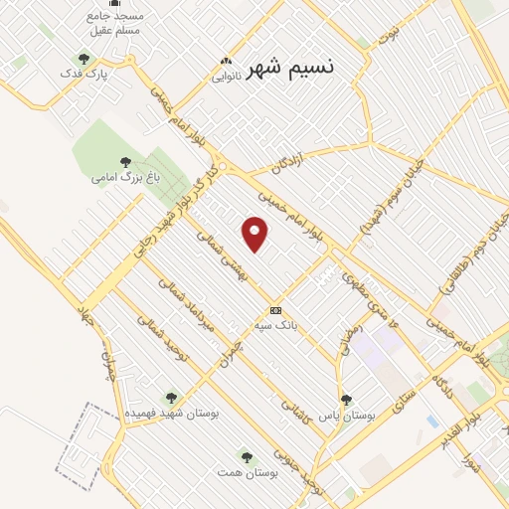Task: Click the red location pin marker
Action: (x=255, y=234)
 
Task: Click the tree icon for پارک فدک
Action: (x=84, y=59)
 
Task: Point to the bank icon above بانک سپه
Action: (x=275, y=310)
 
